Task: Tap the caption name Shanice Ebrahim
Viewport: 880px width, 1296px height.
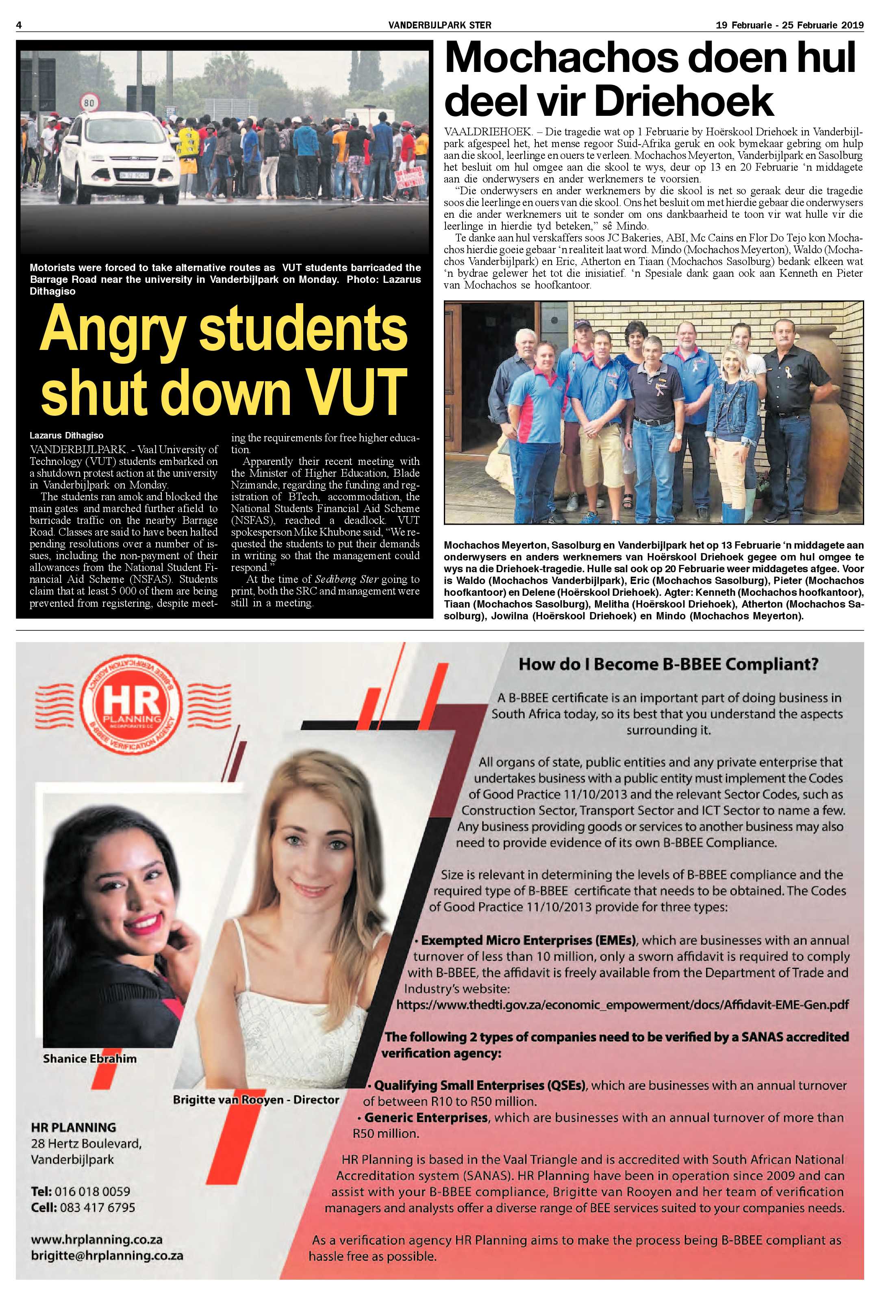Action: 90,1058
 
